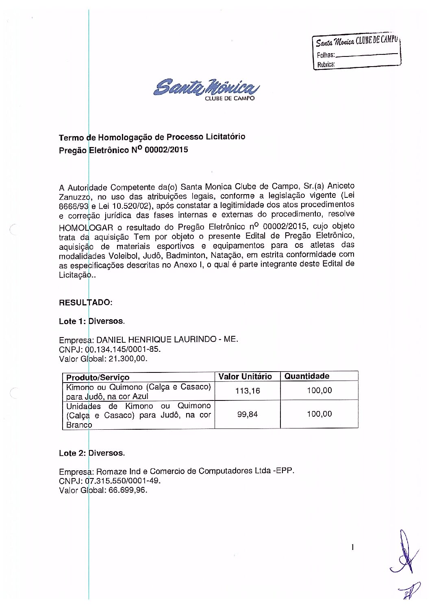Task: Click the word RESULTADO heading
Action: tap(85, 303)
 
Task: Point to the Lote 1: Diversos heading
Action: tap(92, 321)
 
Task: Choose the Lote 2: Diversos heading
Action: tap(92, 453)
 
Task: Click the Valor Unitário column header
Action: tap(245, 376)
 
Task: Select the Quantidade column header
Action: tap(307, 376)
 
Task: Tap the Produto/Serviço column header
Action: tap(98, 377)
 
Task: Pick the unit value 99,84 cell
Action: tap(248, 415)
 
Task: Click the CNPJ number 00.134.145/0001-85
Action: tap(124, 349)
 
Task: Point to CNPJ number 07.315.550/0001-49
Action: tap(124, 481)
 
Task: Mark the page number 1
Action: tap(353, 548)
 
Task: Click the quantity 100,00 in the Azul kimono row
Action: tap(319, 391)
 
